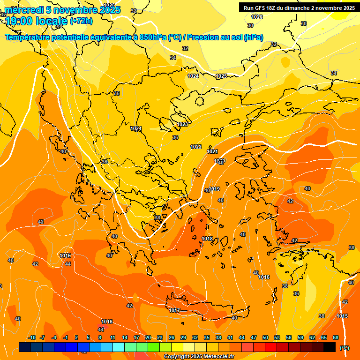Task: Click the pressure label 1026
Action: click(257, 17)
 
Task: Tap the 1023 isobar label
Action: click(182, 124)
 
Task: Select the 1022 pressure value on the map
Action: click(196, 147)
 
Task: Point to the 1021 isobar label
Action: click(212, 151)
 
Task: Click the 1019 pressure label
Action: click(214, 189)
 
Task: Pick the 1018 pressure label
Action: click(207, 239)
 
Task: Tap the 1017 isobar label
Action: click(174, 311)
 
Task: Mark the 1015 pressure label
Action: click(342, 316)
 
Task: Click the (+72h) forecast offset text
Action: click(81, 21)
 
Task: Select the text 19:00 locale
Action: click(36, 21)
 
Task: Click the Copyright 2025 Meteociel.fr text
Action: click(199, 356)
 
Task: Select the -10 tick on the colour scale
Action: click(32, 337)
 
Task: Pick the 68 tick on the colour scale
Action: click(336, 337)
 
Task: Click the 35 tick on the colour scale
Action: click(207, 337)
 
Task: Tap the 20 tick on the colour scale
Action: click(148, 337)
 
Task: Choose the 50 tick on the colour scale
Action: click(265, 337)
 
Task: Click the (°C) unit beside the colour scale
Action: click(345, 348)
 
